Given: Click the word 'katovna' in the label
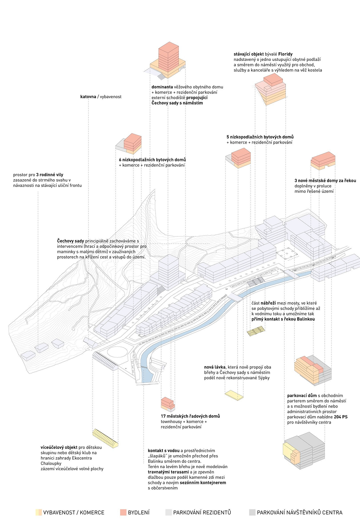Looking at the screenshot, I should [x=88, y=97].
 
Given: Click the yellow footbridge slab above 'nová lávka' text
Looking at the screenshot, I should [x=234, y=395].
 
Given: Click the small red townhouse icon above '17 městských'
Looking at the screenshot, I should [x=168, y=404].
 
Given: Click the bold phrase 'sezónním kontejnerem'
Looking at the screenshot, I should [x=204, y=483].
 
